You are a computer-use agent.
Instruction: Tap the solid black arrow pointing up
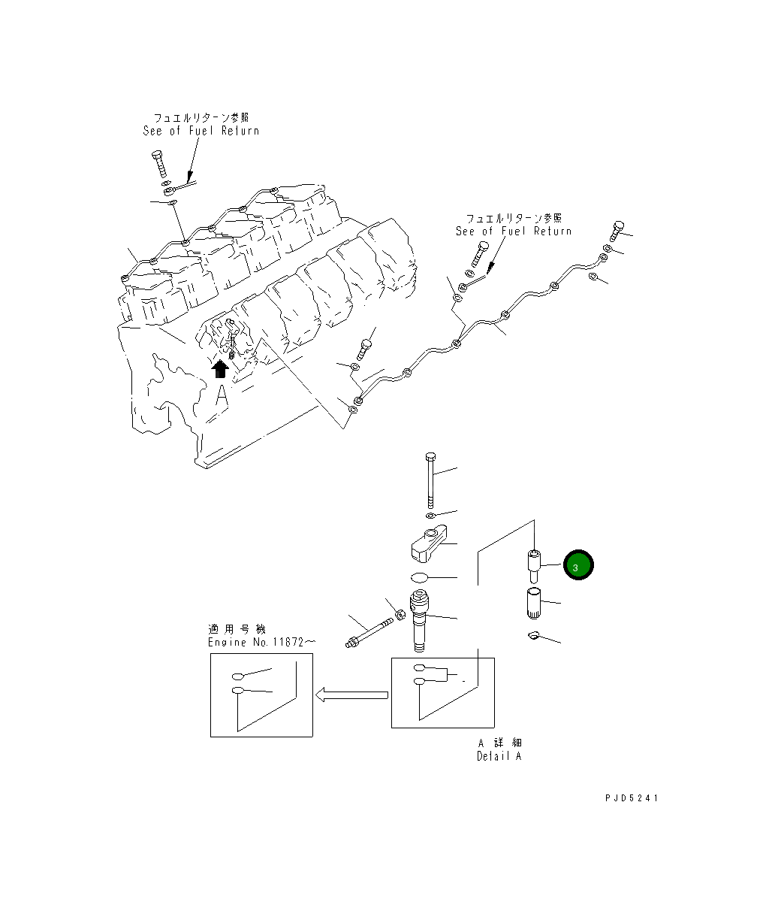click(220, 368)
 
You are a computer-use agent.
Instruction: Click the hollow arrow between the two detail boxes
click(351, 695)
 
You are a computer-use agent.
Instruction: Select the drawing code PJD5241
click(631, 798)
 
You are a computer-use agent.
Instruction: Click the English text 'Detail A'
click(499, 756)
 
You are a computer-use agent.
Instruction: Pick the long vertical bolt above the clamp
click(430, 480)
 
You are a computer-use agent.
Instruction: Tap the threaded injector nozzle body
click(421, 620)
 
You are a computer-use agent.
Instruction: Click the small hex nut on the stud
click(401, 615)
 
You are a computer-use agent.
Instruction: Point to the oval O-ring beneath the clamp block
click(421, 577)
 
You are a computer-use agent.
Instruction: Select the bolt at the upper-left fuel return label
click(159, 165)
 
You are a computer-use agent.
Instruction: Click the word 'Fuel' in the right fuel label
click(514, 232)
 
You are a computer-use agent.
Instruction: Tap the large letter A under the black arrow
click(222, 395)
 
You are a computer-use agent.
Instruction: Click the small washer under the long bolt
click(430, 516)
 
